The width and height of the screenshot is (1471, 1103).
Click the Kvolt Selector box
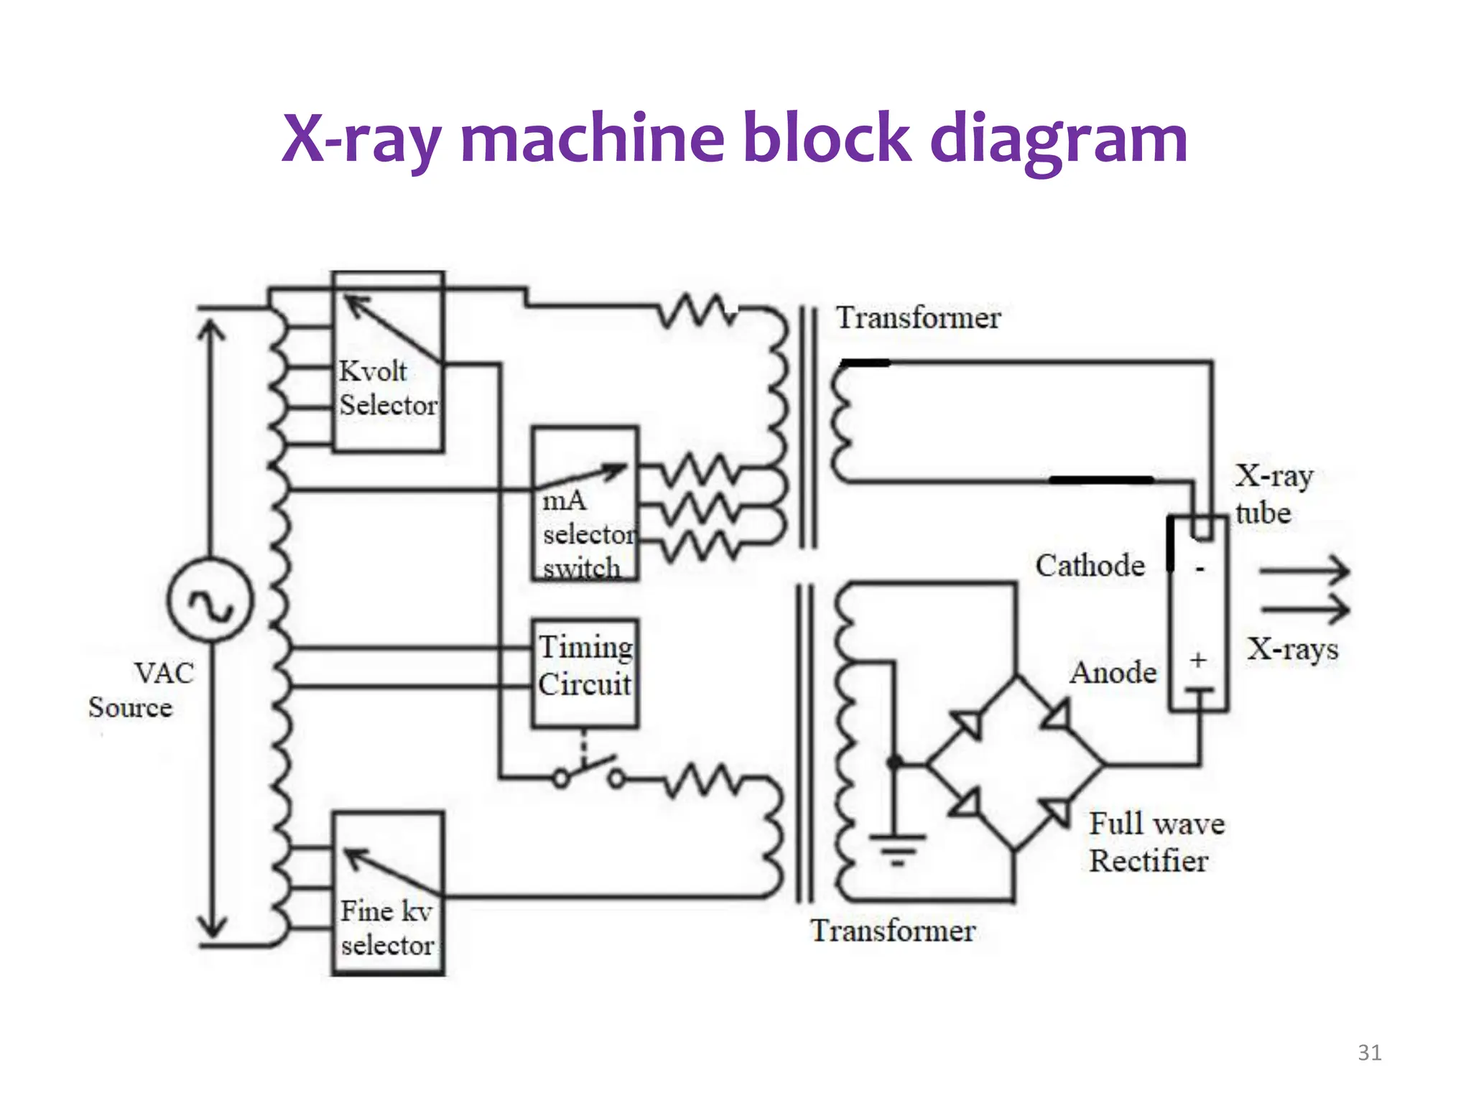[388, 362]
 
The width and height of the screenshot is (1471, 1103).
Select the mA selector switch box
[585, 503]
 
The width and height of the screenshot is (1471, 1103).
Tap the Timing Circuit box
[585, 673]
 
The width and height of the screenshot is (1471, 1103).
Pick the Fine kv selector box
[388, 893]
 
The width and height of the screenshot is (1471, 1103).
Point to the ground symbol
[896, 848]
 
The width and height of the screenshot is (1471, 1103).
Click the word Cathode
[1090, 566]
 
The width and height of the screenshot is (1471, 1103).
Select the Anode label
[1113, 673]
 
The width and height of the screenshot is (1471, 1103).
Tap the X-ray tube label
[1273, 494]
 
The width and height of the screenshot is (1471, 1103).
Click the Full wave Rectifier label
[1155, 842]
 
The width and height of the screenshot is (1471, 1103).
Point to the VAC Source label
[142, 690]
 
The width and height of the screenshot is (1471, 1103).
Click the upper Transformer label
[918, 317]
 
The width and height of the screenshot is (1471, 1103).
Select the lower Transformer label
[893, 931]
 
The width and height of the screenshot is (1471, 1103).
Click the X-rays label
[1292, 649]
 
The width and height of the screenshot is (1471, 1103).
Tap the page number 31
[1369, 1053]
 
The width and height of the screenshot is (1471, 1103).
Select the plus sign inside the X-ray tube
[1197, 660]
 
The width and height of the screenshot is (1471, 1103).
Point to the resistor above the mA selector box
[697, 310]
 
